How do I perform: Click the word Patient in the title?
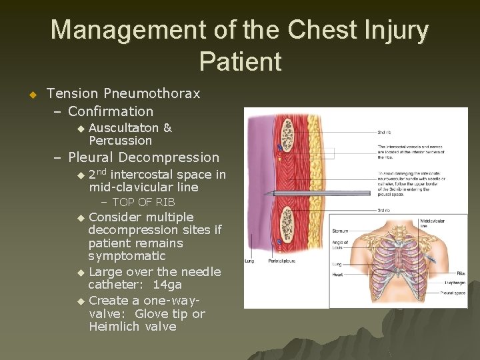[240, 61]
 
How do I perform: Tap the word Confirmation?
[111, 111]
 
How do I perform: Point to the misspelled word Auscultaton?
[123, 128]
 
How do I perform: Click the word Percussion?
[120, 141]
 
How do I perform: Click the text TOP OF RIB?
[143, 202]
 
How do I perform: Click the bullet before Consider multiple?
[81, 218]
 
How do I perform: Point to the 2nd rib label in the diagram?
[385, 133]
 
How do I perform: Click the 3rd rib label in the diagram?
[385, 211]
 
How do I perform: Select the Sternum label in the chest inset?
[340, 231]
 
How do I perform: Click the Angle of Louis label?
[340, 245]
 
